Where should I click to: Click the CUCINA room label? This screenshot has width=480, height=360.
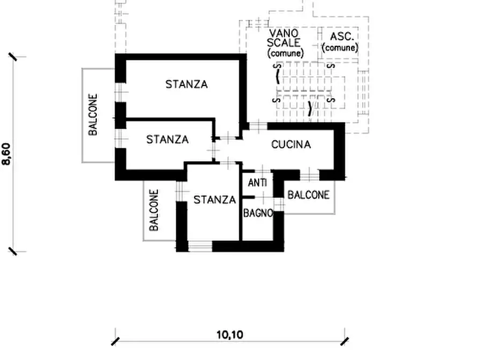[291, 145]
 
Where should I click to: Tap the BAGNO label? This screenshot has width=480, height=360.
[258, 213]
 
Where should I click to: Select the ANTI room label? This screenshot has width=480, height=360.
[257, 183]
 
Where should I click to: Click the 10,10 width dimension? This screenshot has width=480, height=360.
[230, 335]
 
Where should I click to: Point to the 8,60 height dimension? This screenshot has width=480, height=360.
[6, 154]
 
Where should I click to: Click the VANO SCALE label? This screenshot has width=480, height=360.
[283, 38]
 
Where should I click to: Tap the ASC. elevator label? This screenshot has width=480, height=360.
[342, 37]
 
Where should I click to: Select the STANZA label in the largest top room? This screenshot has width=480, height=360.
[187, 84]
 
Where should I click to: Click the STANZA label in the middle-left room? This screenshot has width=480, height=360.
[168, 140]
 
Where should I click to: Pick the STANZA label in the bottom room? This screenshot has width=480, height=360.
[214, 200]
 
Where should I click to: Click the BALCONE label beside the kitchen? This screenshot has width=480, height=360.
[309, 195]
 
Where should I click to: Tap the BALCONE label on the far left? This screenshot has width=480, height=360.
[93, 114]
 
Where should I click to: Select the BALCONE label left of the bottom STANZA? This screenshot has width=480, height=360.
[154, 210]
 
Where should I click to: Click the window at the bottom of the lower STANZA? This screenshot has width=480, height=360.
[200, 246]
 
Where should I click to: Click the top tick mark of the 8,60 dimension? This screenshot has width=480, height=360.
[13, 56]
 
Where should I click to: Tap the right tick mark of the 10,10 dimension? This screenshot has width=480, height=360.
[345, 341]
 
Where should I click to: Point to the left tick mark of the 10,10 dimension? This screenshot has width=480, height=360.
[116, 341]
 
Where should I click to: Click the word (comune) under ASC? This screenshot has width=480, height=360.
[340, 48]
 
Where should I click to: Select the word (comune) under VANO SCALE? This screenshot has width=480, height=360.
[285, 53]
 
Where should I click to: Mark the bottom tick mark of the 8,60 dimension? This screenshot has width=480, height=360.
[13, 251]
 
